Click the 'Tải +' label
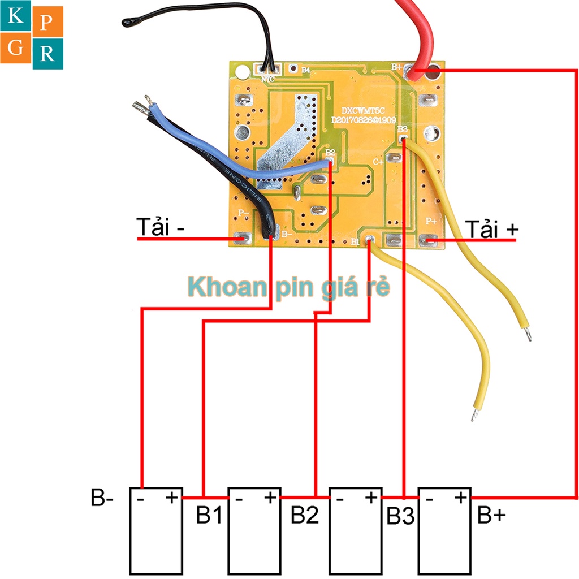pyautogui.click(x=491, y=229)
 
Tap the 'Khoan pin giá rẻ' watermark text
pyautogui.click(x=289, y=287)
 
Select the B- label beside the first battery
pyautogui.click(x=102, y=499)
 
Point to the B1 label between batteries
pyautogui.click(x=209, y=515)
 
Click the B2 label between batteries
pyautogui.click(x=305, y=515)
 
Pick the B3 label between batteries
pyautogui.click(x=401, y=516)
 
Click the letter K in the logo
pyautogui.click(x=16, y=16)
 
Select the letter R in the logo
pyautogui.click(x=47, y=54)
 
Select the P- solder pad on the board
pyautogui.click(x=243, y=238)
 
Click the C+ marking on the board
pyautogui.click(x=378, y=161)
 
